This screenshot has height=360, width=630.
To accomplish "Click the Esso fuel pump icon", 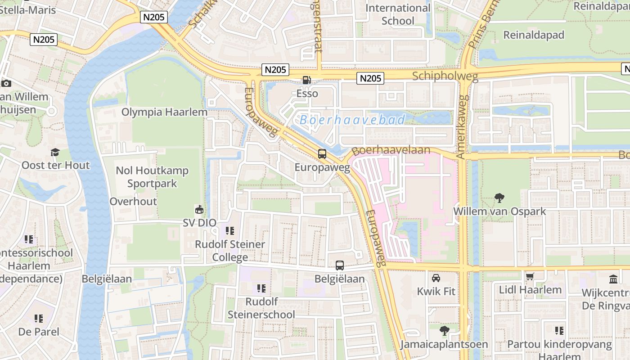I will [306, 80].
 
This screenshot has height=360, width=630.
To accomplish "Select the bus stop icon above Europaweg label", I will [322, 153].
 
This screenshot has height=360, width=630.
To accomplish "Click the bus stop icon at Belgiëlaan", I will [340, 265].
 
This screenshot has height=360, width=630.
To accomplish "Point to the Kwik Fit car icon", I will [436, 278].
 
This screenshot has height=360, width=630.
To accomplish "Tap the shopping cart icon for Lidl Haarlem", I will [530, 276].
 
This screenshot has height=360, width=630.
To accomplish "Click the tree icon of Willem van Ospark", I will [499, 198].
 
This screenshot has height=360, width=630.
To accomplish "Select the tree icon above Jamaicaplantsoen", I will [444, 331].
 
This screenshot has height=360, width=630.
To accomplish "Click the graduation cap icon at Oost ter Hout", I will [55, 152].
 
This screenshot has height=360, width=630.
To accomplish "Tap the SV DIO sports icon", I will [199, 209].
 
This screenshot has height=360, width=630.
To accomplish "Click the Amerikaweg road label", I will [462, 126].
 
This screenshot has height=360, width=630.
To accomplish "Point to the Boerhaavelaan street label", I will [391, 150].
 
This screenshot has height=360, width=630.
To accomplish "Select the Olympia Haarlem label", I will [165, 112].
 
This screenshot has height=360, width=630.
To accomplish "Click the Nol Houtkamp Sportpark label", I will [152, 177].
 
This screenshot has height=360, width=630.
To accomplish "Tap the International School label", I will [398, 14].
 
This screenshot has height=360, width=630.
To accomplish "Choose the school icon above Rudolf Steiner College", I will [230, 231].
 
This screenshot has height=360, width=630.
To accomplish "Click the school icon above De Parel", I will [39, 319].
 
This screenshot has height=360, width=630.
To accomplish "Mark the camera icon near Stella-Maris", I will [6, 83].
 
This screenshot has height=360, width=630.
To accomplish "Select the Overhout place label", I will [133, 201].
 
